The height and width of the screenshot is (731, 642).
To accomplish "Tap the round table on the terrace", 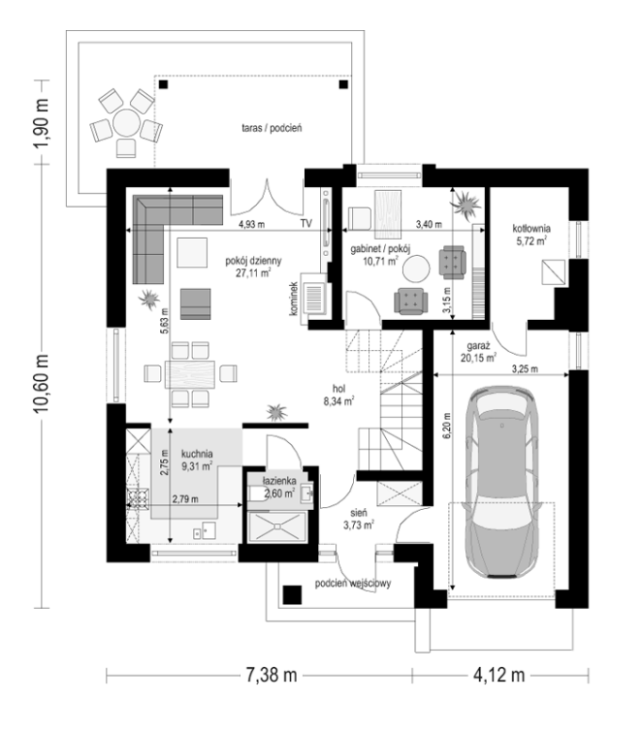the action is tap(126, 122).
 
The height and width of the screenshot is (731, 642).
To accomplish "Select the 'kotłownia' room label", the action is tap(531, 229).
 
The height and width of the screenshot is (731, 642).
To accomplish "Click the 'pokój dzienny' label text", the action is tap(253, 261).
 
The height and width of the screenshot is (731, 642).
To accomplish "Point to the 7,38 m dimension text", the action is tap(272, 675).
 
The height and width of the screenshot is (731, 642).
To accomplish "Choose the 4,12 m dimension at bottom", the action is tap(499, 675).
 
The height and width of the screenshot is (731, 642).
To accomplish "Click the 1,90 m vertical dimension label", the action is tap(41, 122).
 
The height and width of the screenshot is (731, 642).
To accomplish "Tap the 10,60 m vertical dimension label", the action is tap(41, 383).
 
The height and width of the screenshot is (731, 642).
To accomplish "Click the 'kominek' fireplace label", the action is tap(293, 299).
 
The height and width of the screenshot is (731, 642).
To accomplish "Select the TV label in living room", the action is tap(305, 224).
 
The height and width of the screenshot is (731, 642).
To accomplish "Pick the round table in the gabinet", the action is tap(416, 269).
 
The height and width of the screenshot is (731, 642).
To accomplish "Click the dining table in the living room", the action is tap(190, 373).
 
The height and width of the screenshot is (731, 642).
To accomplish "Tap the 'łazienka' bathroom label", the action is tap(278, 481).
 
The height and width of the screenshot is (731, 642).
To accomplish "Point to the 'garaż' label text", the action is tap(478, 346).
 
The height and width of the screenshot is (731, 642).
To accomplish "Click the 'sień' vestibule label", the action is tap(359, 513).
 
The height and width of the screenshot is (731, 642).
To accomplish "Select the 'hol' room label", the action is tap(338, 389).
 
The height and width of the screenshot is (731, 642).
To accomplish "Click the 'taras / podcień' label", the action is tap(272, 128).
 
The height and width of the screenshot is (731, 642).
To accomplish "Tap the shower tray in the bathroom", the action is tap(277, 526).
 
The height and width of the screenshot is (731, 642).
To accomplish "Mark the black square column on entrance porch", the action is tap(292, 594).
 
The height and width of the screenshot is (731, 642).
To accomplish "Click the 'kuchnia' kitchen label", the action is tap(197, 454).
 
